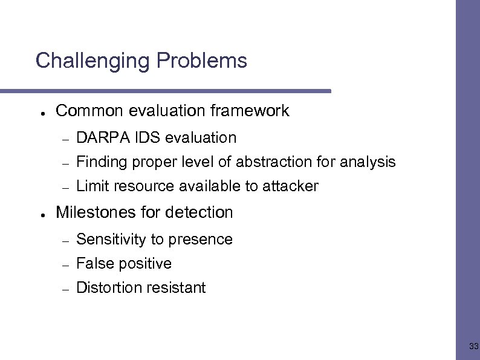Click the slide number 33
click(473, 347)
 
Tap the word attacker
click(290, 186)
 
